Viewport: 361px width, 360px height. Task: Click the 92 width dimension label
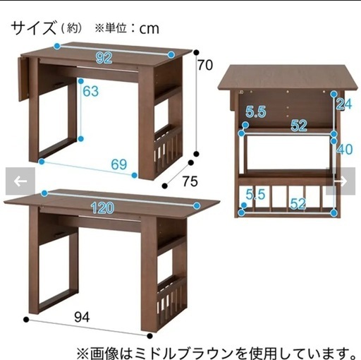[x=104, y=58]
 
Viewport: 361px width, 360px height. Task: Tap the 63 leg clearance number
[x=91, y=91]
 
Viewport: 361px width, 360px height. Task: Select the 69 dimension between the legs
[x=119, y=164]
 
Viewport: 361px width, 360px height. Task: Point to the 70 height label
[x=205, y=65]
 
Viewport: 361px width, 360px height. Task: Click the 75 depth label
[x=190, y=181]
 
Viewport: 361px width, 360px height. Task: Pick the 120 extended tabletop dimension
[x=103, y=208]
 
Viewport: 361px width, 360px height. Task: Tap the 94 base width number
[x=82, y=317]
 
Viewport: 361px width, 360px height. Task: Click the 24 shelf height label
[x=344, y=104]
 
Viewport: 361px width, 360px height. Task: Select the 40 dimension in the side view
[x=345, y=149]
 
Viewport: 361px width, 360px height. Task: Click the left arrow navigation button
[x=20, y=181]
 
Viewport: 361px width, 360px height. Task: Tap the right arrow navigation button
[x=341, y=181]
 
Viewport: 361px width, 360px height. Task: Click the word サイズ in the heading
[x=34, y=28]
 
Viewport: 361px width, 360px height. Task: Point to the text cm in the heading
[x=149, y=29]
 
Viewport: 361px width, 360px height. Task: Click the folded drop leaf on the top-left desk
[x=23, y=79]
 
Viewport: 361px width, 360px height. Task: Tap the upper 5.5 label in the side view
[x=256, y=112]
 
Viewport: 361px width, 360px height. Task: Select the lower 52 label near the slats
[x=298, y=204]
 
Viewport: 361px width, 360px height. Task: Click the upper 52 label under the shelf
[x=299, y=126]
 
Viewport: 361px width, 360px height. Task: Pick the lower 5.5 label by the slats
[x=255, y=194]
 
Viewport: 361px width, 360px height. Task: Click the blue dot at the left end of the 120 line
[x=44, y=193]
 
